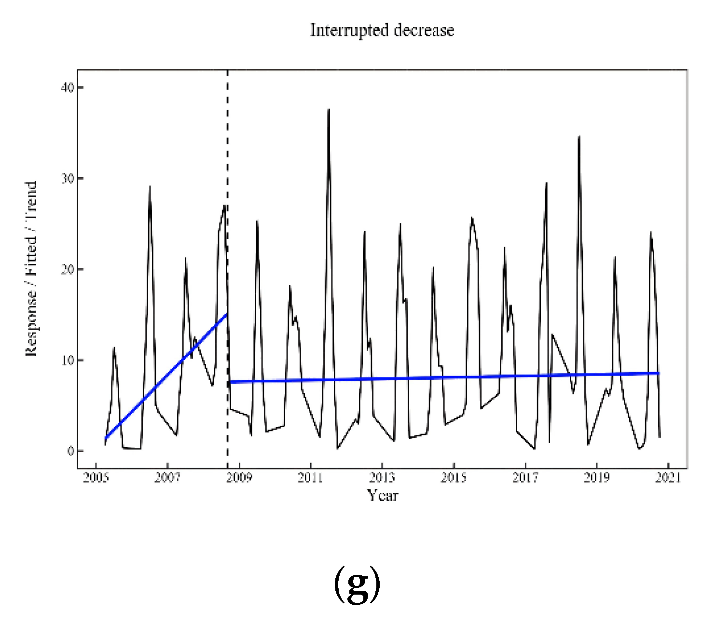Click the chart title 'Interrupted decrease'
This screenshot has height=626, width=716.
(x=382, y=30)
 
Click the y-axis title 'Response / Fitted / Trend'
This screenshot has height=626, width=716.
(x=31, y=269)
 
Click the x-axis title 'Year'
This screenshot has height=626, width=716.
(x=382, y=495)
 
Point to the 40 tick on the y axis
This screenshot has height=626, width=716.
(x=68, y=87)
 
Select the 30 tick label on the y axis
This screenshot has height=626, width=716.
(x=68, y=179)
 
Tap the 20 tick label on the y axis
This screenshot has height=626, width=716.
(x=68, y=269)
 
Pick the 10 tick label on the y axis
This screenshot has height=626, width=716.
(x=68, y=360)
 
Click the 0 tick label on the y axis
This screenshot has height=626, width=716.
(x=70, y=451)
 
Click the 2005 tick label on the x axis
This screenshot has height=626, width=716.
(x=96, y=478)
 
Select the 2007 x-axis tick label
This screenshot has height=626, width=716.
(x=167, y=478)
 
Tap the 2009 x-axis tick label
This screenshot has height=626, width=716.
(x=239, y=478)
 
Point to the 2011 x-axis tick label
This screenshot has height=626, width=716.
(x=310, y=478)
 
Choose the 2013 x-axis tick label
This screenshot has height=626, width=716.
(x=382, y=478)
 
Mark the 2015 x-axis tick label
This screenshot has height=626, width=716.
(x=454, y=478)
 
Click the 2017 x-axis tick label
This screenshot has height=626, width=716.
(x=525, y=478)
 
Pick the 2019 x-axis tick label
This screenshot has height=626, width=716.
(x=597, y=478)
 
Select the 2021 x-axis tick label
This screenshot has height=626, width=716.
(x=668, y=478)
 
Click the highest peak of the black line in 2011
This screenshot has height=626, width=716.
(x=329, y=110)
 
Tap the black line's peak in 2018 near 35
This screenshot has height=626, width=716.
(x=579, y=137)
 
